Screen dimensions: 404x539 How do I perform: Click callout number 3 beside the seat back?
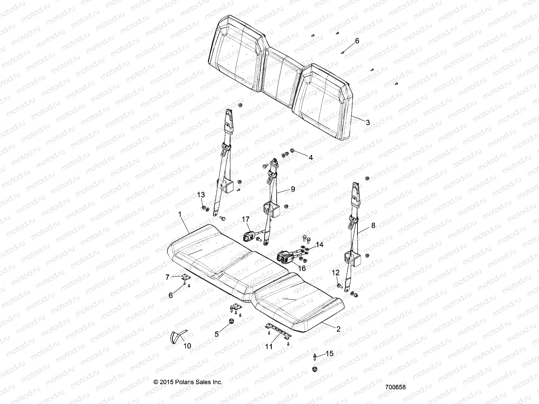pyautogui.click(x=368, y=123)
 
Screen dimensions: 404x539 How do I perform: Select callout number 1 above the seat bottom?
pyautogui.click(x=180, y=214)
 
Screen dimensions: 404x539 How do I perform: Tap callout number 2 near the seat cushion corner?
pyautogui.click(x=339, y=329)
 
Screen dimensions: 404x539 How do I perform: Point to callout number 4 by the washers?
pyautogui.click(x=311, y=157)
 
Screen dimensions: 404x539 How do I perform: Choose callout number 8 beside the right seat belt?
pyautogui.click(x=373, y=226)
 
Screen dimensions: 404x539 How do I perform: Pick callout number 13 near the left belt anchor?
pyautogui.click(x=201, y=195)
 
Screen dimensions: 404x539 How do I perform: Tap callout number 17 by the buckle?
pyautogui.click(x=246, y=219)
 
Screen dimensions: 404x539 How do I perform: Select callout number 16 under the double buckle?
pyautogui.click(x=302, y=268)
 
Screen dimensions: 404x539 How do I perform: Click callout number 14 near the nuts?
pyautogui.click(x=319, y=245)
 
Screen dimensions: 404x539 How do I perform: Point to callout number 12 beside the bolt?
pyautogui.click(x=336, y=272)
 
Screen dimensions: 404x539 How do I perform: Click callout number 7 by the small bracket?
pyautogui.click(x=167, y=277)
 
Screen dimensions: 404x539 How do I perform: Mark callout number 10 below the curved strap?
pyautogui.click(x=187, y=346)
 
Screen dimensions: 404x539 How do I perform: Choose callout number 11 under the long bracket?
pyautogui.click(x=269, y=346)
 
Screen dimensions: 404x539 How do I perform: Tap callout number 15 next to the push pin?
pyautogui.click(x=330, y=353)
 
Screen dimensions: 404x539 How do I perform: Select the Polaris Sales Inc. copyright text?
pyautogui.click(x=188, y=382)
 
